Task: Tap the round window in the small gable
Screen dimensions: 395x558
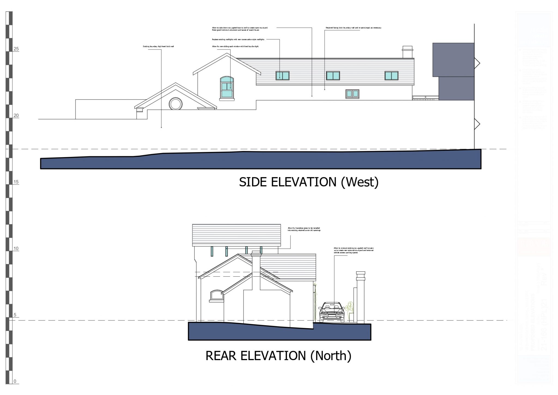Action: pyautogui.click(x=175, y=104)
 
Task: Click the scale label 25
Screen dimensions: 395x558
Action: pyautogui.click(x=16, y=49)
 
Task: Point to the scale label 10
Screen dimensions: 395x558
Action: pyautogui.click(x=16, y=249)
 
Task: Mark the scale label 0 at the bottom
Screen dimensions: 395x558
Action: pyautogui.click(x=15, y=381)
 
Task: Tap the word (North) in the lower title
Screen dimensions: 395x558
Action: pyautogui.click(x=331, y=356)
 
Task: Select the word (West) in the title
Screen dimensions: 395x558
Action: pyautogui.click(x=360, y=182)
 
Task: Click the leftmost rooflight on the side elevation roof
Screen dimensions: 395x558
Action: pyautogui.click(x=282, y=76)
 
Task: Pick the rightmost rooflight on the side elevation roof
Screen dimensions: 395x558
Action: pyautogui.click(x=392, y=76)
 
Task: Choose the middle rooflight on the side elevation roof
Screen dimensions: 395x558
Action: pyautogui.click(x=333, y=76)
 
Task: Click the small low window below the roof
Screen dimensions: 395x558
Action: pyautogui.click(x=352, y=94)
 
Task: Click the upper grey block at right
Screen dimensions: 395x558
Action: pyautogui.click(x=453, y=59)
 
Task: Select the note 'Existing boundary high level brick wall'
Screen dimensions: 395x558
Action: pyautogui.click(x=158, y=47)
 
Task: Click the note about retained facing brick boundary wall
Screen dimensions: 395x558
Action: pyautogui.click(x=353, y=28)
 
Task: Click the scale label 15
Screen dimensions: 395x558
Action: pyautogui.click(x=16, y=182)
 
